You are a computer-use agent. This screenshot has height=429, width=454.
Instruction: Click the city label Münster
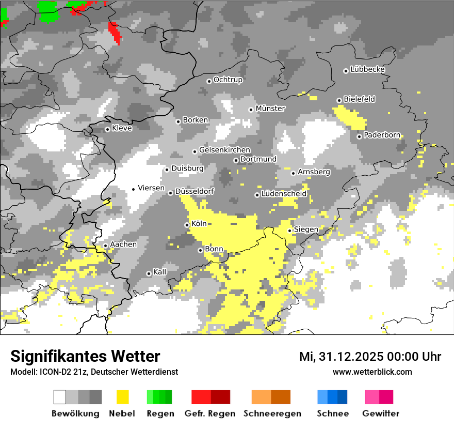270,109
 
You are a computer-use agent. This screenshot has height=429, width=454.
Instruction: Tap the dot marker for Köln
187,225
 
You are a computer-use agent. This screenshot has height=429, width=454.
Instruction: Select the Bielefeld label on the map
359,99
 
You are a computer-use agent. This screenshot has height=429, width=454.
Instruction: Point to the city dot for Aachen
105,246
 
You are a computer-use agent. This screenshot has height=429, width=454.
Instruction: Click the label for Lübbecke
367,69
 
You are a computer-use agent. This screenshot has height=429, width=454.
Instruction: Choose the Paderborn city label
382,135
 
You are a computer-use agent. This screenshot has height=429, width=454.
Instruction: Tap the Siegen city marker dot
290,231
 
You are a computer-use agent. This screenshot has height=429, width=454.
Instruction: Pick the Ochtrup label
228,80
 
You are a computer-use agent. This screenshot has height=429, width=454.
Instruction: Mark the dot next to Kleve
107,129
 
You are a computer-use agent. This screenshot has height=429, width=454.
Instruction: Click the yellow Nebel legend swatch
123,397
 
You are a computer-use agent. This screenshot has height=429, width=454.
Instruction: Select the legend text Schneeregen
272,414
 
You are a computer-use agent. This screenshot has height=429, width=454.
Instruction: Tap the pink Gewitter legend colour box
372,397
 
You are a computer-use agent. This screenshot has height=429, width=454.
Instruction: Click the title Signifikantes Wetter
85,356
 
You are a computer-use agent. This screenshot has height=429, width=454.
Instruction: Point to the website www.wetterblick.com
372,372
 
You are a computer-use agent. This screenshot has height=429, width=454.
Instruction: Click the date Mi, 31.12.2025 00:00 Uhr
370,357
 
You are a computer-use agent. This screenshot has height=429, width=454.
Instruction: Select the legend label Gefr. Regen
210,414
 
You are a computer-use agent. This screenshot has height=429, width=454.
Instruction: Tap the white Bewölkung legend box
60,397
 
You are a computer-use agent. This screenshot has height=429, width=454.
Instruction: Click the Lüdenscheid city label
284,194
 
